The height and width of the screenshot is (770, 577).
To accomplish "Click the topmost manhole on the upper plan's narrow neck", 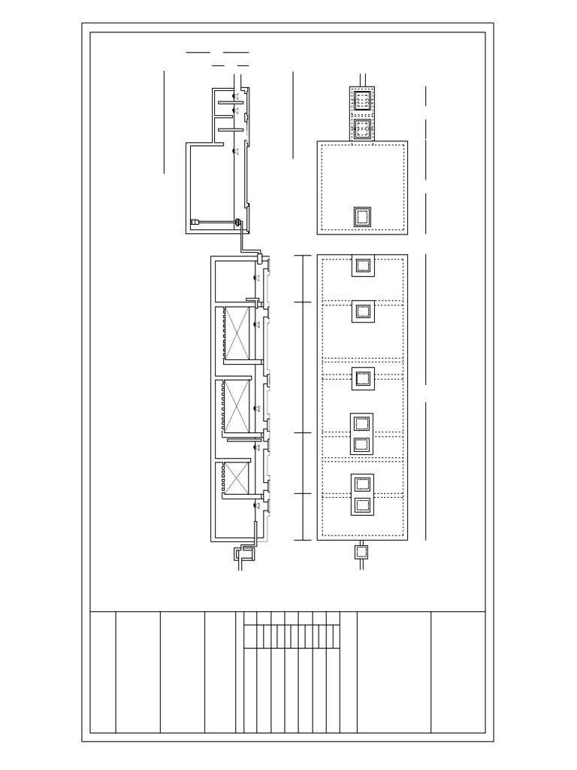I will click(x=362, y=101).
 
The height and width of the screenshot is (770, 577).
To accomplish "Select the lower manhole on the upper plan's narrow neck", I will click(x=362, y=127).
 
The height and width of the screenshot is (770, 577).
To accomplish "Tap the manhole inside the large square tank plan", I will click(x=362, y=217).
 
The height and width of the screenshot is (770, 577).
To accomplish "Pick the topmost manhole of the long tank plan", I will click(x=363, y=265).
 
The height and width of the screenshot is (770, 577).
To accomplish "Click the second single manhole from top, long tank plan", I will click(x=363, y=311).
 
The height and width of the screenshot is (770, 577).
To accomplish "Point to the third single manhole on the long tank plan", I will click(x=363, y=378).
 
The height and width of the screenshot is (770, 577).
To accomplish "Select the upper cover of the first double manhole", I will click(x=362, y=423).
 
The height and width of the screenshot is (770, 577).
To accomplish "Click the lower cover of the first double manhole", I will click(x=362, y=444).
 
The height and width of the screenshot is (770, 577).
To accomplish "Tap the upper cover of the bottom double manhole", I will click(x=362, y=484).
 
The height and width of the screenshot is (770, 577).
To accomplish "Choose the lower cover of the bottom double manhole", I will click(x=362, y=505).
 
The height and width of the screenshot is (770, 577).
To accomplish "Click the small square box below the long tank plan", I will click(x=361, y=553).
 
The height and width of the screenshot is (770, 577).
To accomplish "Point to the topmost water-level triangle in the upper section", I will click(x=235, y=96).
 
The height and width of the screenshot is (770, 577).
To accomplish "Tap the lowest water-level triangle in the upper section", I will click(x=235, y=152).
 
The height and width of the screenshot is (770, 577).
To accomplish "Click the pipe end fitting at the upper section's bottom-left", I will click(x=194, y=223).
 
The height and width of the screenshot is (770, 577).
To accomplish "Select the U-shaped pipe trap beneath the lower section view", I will click(x=245, y=554).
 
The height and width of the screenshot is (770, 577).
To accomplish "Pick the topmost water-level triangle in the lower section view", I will click(x=257, y=278).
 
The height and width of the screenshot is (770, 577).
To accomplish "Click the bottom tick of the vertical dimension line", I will click(x=302, y=540).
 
